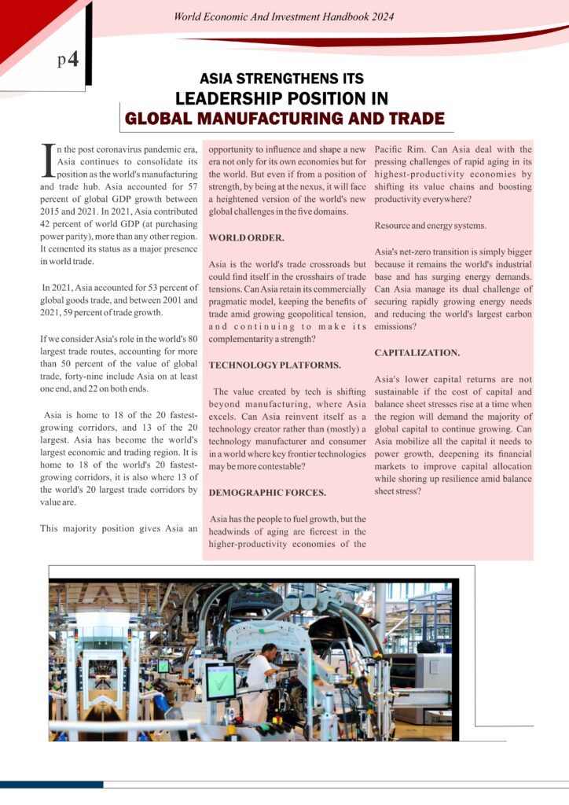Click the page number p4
[x=68, y=61]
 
